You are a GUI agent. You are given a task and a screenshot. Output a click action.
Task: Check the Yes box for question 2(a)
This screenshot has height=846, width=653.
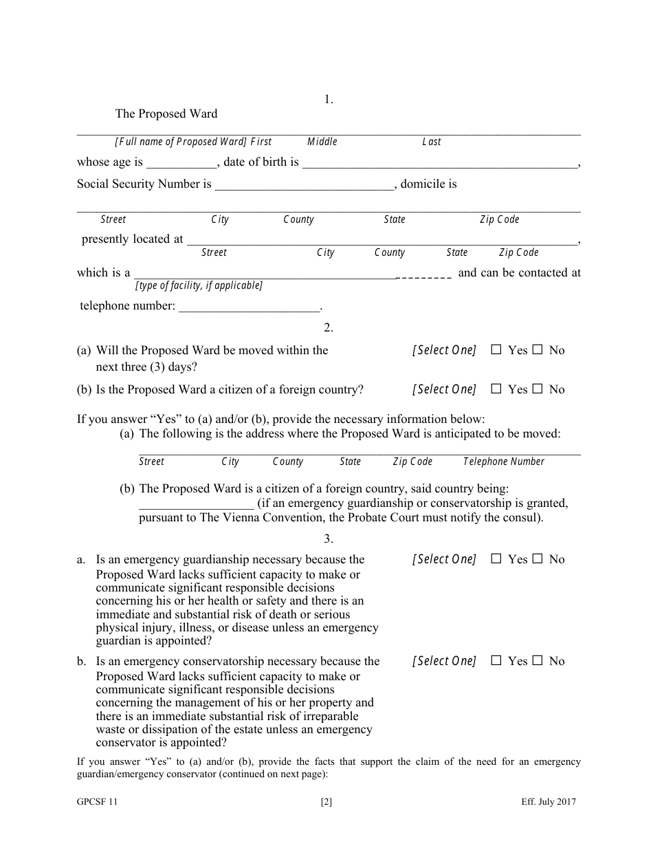[x=496, y=350]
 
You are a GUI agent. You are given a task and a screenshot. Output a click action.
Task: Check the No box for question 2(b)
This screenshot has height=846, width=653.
[x=538, y=389]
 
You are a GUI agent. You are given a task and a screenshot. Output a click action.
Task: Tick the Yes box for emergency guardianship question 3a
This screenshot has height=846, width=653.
[x=496, y=559]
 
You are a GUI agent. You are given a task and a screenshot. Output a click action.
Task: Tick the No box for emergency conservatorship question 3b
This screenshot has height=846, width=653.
[x=538, y=661]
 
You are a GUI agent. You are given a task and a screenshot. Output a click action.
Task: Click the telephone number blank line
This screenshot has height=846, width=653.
[x=250, y=307]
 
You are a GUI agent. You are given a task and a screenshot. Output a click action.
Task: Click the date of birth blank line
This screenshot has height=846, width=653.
[x=440, y=164]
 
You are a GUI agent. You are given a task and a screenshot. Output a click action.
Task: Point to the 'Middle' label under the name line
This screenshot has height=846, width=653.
[x=322, y=142]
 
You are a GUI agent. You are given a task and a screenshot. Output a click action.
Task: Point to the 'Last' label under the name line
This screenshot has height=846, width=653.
[x=431, y=142]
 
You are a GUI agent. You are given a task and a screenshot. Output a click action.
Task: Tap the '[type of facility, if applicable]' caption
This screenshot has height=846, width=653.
[x=199, y=285]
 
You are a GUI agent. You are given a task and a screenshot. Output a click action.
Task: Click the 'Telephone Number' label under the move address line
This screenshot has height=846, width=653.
[x=503, y=462]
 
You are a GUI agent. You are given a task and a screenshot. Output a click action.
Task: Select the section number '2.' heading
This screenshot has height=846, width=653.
[x=329, y=327]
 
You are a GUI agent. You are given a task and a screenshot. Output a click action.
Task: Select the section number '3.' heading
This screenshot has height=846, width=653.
[x=329, y=539]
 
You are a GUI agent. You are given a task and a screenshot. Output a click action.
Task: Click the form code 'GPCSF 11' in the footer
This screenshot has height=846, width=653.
[x=92, y=802]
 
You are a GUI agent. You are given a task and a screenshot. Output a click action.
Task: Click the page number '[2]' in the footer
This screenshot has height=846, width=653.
[x=326, y=802]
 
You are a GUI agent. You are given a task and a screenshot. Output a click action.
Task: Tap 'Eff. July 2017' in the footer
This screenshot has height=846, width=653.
[x=548, y=802]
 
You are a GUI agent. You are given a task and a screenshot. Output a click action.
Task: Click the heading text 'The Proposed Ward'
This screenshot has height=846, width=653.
[x=166, y=114]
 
